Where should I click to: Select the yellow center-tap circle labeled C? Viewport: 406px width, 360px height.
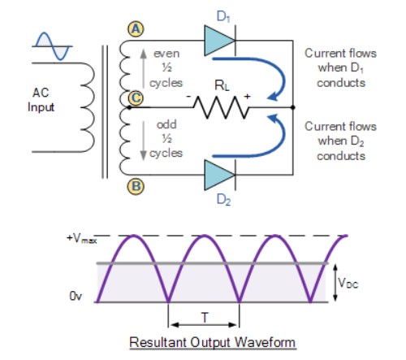136,99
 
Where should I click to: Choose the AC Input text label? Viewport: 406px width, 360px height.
40,101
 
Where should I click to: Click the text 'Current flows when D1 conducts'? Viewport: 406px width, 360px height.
340,67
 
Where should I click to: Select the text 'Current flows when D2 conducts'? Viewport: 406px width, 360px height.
340,141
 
